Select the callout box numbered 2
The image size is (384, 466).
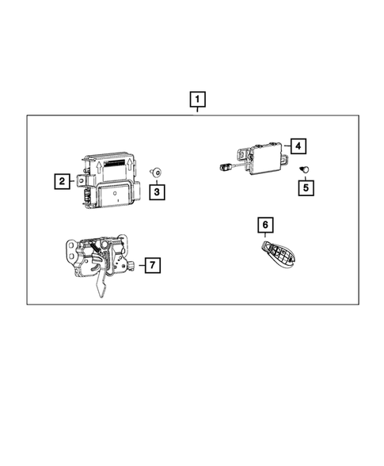tap(61, 181)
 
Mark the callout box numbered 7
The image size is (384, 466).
tap(153, 266)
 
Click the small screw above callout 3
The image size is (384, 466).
tap(157, 172)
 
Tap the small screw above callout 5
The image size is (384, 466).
tap(303, 169)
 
